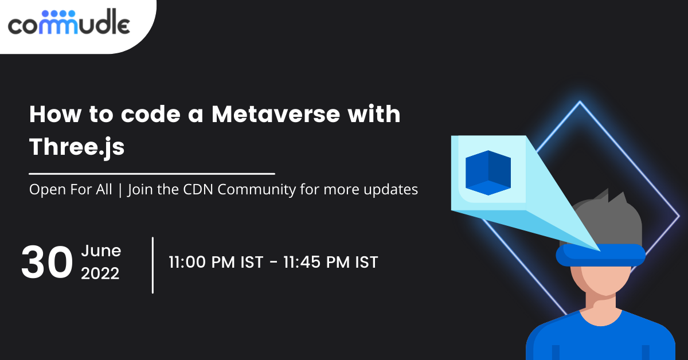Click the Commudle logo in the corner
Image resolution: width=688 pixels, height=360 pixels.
[x=69, y=23]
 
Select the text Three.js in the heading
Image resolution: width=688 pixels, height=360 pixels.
[x=77, y=147]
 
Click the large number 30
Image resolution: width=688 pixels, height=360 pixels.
[x=47, y=263]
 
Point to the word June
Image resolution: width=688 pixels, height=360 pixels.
[x=101, y=251]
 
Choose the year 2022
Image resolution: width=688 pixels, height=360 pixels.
[x=100, y=274]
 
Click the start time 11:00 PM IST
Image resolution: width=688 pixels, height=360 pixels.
[x=216, y=263]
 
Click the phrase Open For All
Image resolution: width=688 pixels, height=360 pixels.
[x=71, y=190]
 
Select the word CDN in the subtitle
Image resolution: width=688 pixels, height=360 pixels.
[x=201, y=190]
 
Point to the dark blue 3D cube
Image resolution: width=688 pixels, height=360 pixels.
[x=488, y=171]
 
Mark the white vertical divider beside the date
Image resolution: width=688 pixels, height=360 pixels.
[x=153, y=264]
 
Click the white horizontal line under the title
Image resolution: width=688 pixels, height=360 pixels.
[x=152, y=173]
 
